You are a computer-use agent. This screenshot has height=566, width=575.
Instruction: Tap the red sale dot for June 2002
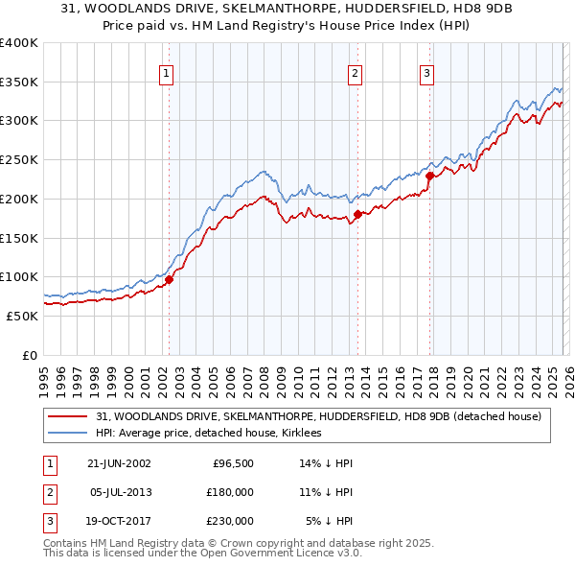tap(169, 280)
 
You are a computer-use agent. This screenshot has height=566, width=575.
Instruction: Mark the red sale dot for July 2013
tap(356, 214)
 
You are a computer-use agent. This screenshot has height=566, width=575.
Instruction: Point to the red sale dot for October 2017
tap(429, 176)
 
